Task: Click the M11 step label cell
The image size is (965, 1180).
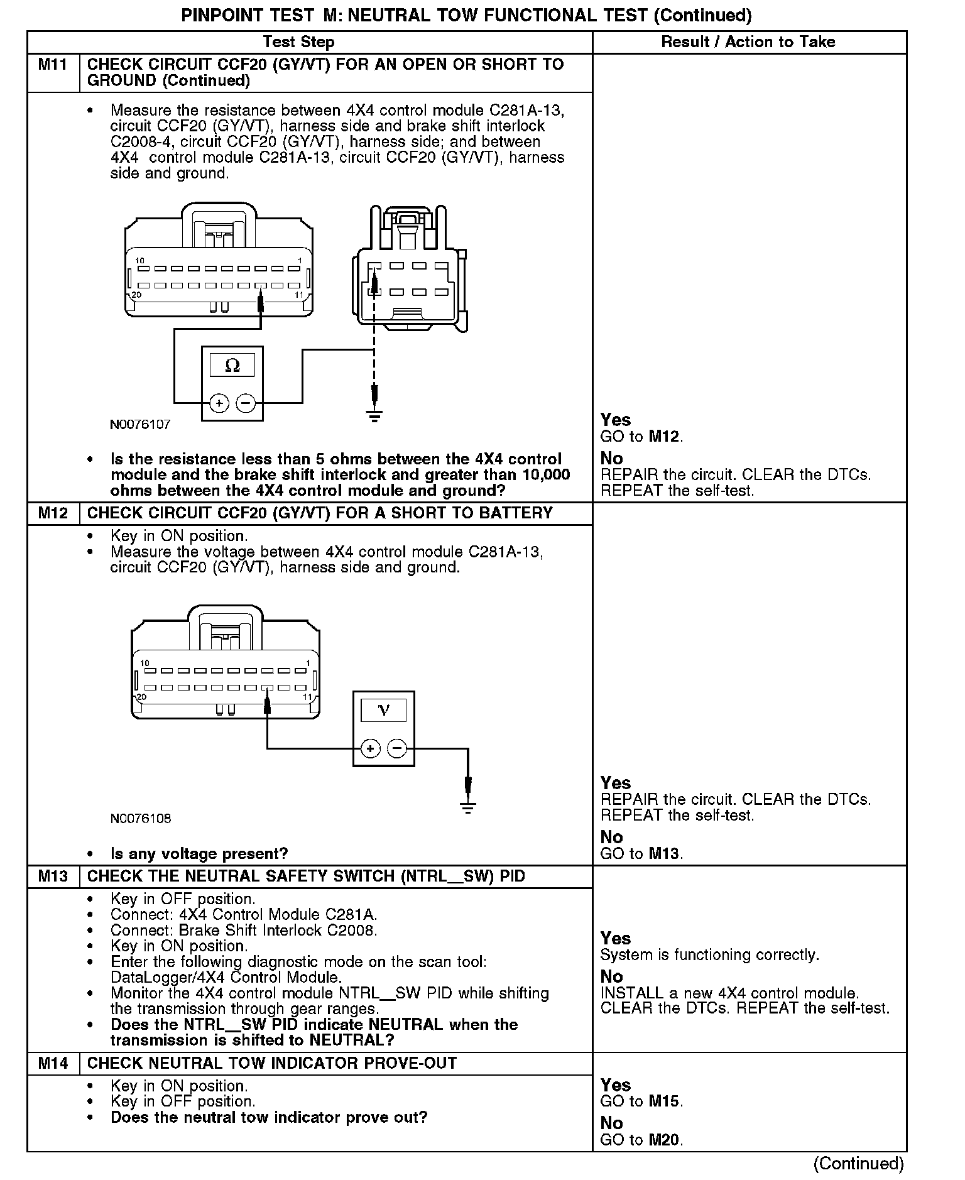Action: [x=53, y=65]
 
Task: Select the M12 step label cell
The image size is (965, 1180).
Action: [x=53, y=513]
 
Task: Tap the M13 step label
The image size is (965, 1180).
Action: [x=53, y=877]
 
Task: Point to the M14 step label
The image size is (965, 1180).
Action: [x=53, y=1063]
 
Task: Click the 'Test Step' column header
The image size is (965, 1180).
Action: [x=298, y=42]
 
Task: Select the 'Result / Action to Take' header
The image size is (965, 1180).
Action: [x=748, y=42]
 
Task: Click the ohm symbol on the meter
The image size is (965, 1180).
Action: [x=232, y=365]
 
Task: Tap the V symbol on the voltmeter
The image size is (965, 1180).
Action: [x=383, y=710]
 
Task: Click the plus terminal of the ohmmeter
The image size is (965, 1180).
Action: [x=219, y=402]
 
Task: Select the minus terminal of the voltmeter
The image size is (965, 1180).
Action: [x=397, y=748]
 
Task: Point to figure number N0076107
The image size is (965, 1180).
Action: [x=140, y=425]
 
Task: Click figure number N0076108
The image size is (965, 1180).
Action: [x=140, y=818]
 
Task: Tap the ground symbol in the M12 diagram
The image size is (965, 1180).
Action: [x=467, y=807]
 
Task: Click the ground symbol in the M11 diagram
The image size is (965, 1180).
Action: [x=374, y=416]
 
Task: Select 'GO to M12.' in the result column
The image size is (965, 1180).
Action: [x=641, y=436]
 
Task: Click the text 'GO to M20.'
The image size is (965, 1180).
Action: [x=641, y=1139]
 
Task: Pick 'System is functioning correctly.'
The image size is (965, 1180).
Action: [x=709, y=955]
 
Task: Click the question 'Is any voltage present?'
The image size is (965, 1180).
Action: [x=199, y=854]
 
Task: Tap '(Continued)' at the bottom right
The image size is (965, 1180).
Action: [x=858, y=1163]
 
